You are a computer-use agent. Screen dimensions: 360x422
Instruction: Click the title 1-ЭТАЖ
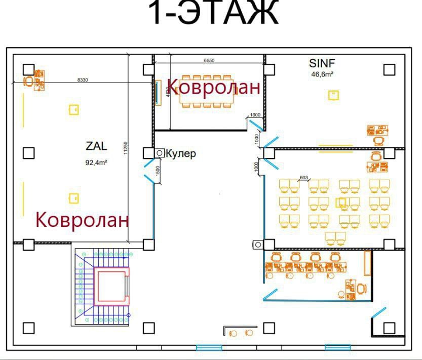tap(214, 14)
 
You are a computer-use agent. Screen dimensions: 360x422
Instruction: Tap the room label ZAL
tap(96, 146)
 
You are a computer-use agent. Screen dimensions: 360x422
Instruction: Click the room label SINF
tap(322, 63)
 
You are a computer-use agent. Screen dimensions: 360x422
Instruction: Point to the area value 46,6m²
tap(322, 74)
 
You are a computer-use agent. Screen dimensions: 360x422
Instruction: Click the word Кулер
tap(181, 153)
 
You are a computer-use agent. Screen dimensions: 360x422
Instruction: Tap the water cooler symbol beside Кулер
tap(161, 152)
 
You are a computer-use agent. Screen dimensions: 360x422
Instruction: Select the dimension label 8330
tap(83, 80)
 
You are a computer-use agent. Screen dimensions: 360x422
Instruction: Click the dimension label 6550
tap(209, 60)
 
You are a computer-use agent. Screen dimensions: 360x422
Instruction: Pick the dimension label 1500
tap(158, 171)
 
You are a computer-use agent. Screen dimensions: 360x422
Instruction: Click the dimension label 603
tap(304, 177)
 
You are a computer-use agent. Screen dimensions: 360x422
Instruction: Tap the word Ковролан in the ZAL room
tap(82, 220)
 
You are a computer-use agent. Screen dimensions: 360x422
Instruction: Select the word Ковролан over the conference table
tap(214, 87)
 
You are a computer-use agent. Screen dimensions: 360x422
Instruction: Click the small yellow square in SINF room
tap(333, 95)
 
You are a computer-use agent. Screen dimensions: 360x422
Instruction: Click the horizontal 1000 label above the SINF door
tap(255, 115)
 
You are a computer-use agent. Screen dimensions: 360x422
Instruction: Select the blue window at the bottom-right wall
tap(337, 347)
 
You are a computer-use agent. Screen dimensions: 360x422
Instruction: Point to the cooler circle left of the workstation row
tap(257, 245)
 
